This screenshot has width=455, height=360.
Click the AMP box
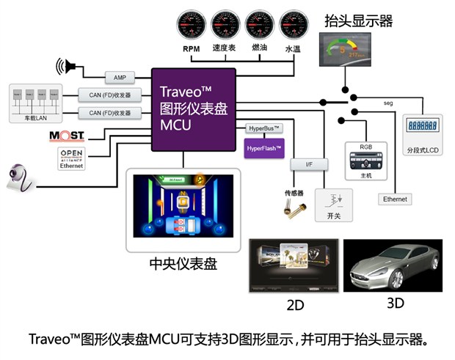(x=119, y=77)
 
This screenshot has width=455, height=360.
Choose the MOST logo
(x=67, y=136)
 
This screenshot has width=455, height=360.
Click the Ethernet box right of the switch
(x=395, y=199)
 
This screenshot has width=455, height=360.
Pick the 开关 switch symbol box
(x=334, y=205)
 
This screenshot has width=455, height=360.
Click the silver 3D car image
(x=393, y=264)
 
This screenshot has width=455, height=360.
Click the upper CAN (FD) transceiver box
(x=109, y=94)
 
